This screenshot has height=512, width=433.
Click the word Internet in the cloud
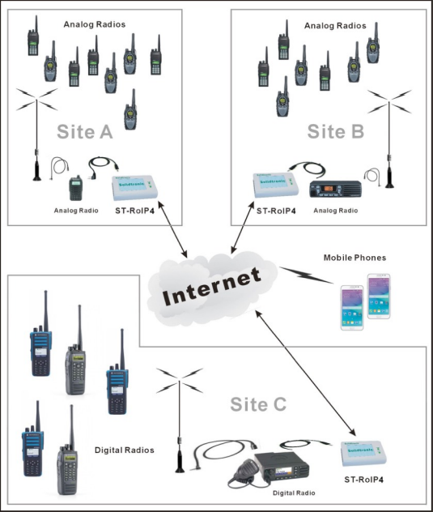(212, 286)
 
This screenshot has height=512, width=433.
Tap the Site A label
(84, 131)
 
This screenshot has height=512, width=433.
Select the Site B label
(335, 131)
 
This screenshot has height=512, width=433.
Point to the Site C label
(258, 404)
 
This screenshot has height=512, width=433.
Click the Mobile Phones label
(354, 258)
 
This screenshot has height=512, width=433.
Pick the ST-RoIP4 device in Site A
(135, 187)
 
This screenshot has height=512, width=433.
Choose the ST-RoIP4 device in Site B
(276, 185)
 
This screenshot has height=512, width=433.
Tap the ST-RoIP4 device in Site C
(363, 454)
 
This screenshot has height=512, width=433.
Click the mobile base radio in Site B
(335, 189)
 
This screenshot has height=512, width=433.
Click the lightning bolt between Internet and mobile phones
(306, 275)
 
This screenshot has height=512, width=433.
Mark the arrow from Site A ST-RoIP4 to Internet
(172, 229)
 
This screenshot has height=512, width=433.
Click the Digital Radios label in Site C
(125, 450)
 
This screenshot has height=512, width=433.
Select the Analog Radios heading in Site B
(335, 26)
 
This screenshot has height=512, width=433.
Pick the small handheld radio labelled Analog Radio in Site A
(76, 188)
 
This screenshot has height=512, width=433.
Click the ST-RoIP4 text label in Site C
(364, 480)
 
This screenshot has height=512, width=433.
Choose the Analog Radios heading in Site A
(95, 24)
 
